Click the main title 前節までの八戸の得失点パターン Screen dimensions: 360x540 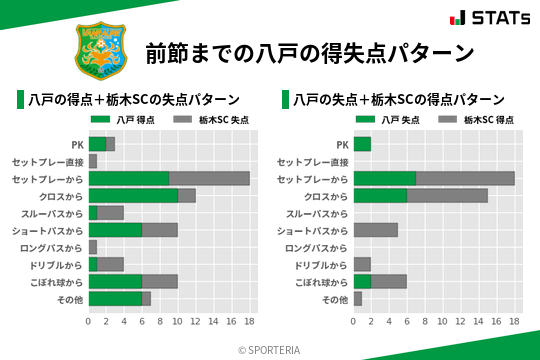click(309, 52)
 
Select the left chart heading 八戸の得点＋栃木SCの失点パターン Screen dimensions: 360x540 click(134, 100)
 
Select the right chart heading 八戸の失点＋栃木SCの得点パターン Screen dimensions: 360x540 click(399, 100)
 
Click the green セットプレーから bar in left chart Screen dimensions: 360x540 click(129, 178)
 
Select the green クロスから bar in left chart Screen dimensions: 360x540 click(133, 195)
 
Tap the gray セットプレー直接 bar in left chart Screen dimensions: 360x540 click(93, 161)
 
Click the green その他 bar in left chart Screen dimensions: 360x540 click(115, 298)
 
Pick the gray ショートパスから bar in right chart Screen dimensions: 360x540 click(376, 230)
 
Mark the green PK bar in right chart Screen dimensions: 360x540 click(362, 144)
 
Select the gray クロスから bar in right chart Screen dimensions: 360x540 click(447, 195)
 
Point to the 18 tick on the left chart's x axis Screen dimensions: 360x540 click(249, 322)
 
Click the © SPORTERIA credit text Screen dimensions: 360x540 click(269, 350)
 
